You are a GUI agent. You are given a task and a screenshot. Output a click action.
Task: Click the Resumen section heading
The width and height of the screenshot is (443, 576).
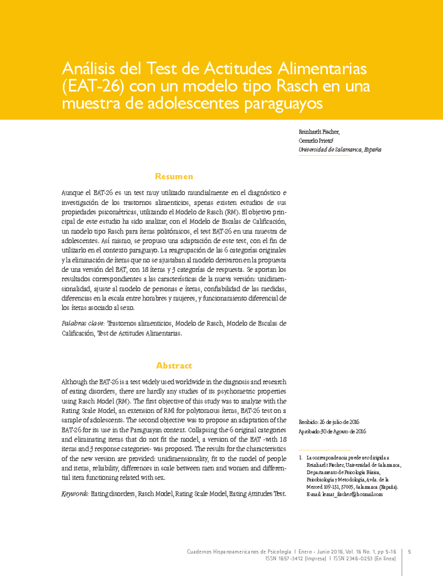tap(174, 177)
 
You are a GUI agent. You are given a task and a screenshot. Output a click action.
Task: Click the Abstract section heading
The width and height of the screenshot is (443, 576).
tap(174, 366)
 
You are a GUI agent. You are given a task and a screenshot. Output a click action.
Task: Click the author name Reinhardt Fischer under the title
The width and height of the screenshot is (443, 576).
tap(319, 132)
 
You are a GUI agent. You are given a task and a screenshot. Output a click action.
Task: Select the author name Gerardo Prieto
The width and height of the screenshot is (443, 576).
tap(316, 141)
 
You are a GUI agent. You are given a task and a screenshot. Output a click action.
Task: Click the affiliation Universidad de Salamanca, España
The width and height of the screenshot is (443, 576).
tap(340, 150)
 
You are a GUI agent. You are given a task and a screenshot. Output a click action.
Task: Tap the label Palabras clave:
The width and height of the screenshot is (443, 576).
tap(83, 324)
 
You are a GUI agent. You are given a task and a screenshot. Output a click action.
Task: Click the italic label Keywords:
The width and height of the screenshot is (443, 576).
tap(75, 494)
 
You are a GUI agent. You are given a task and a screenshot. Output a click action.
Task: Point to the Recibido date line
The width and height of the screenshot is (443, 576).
tap(329, 422)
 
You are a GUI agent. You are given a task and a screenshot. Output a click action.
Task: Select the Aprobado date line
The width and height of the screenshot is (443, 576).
tap(332, 432)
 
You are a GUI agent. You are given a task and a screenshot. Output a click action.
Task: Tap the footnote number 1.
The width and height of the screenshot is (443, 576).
tap(301, 458)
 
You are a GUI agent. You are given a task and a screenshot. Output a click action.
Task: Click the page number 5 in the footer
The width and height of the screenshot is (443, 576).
tap(409, 552)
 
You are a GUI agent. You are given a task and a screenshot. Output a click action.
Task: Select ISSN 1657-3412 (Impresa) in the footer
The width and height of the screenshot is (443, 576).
tap(295, 559)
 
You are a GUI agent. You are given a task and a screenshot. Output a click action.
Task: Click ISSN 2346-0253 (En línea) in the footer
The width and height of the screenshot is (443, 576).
tap(364, 559)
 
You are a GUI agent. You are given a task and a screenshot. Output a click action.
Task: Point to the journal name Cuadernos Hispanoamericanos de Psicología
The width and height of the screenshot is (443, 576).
tap(239, 552)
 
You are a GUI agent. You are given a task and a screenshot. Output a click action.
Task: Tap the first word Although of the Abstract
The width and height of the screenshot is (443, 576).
tap(74, 382)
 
